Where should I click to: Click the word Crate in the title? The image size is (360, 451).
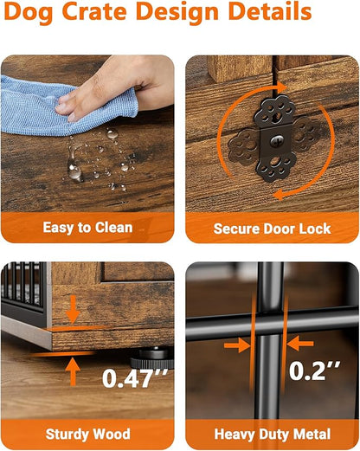tap(94, 11)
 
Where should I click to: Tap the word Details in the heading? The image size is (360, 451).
tap(269, 11)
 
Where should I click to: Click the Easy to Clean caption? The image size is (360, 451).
tap(87, 228)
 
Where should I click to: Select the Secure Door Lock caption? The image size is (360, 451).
tap(272, 229)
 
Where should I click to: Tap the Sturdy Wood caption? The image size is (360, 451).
tap(87, 435)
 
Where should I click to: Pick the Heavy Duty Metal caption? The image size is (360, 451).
tap(273, 435)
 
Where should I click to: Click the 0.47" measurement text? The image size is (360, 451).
tap(135, 377)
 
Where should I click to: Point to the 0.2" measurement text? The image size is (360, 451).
tap(314, 370)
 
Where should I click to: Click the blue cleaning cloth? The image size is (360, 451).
tap(58, 106)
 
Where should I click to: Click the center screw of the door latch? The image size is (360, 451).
tap(277, 140)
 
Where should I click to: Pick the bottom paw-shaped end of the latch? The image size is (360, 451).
tap(276, 168)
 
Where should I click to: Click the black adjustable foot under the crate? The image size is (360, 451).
tap(152, 358)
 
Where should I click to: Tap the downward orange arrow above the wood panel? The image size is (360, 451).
tap(73, 309)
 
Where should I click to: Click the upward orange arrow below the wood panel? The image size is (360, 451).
tap(73, 371)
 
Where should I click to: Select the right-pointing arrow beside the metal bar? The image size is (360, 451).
tap(237, 345)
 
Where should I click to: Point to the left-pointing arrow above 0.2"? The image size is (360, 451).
tap(300, 344)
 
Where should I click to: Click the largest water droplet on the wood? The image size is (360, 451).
tap(74, 171)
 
